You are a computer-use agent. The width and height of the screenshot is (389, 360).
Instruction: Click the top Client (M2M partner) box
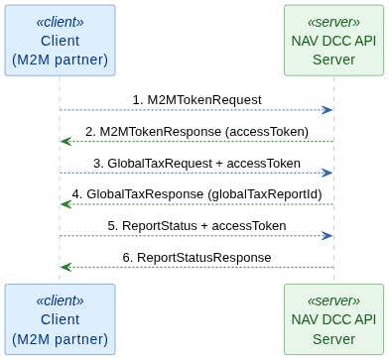coord(60,41)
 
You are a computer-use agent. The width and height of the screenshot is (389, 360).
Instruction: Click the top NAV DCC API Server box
coord(333,41)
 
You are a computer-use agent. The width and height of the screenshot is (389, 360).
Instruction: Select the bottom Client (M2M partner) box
coord(60,319)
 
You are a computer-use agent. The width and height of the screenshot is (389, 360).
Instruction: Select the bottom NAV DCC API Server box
coord(333,319)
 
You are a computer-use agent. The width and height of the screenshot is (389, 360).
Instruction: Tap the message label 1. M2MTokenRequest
coord(196,99)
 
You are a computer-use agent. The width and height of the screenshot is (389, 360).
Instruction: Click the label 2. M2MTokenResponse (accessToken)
coord(196,131)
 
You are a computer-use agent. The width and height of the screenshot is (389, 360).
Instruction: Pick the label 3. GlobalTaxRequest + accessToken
coord(196,163)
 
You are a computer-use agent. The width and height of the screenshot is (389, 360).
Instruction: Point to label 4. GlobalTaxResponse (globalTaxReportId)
coord(196,194)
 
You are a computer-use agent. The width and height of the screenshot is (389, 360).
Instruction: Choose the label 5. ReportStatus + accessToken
coord(196,226)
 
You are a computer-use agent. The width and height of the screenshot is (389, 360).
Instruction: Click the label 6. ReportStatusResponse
coord(196,258)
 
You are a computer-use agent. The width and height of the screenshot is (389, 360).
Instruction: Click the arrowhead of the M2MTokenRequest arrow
coord(327,110)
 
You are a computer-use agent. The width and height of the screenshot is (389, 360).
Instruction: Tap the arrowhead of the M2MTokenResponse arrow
coord(65,142)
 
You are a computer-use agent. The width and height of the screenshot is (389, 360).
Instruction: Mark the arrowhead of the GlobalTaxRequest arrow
coord(327,173)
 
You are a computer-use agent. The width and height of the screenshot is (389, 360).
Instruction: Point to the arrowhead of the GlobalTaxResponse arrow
coord(65,204)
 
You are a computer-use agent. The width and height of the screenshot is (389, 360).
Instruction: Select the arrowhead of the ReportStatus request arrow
coord(327,236)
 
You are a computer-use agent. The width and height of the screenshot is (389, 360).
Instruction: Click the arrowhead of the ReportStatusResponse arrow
coord(65,268)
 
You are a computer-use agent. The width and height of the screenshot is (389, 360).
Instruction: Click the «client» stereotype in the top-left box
coord(60,21)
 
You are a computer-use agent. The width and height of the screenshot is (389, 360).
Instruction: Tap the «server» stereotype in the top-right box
coord(333,21)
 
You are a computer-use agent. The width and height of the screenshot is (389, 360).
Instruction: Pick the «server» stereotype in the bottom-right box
coord(333,300)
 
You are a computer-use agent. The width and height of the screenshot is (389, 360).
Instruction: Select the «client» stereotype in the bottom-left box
coord(60,300)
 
